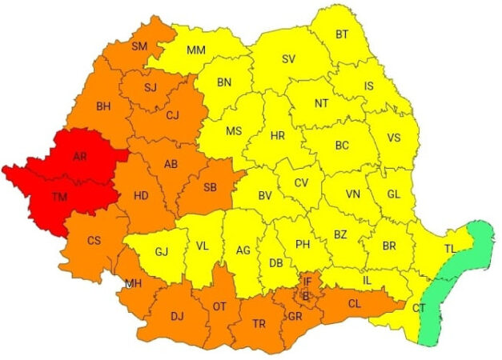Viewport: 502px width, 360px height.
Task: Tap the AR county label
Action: (x=79, y=157)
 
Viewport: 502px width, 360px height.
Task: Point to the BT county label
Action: (x=342, y=34)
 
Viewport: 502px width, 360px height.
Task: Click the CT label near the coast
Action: (x=419, y=308)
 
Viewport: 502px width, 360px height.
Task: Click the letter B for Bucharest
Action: (x=306, y=296)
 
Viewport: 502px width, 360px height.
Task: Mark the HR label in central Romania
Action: (x=277, y=136)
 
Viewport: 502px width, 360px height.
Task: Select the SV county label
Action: (x=288, y=58)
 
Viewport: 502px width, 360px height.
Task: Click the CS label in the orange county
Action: (x=94, y=240)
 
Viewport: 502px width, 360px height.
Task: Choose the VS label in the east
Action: (x=394, y=138)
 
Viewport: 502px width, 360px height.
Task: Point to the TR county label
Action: (x=259, y=323)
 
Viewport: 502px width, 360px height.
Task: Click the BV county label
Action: (x=265, y=195)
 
